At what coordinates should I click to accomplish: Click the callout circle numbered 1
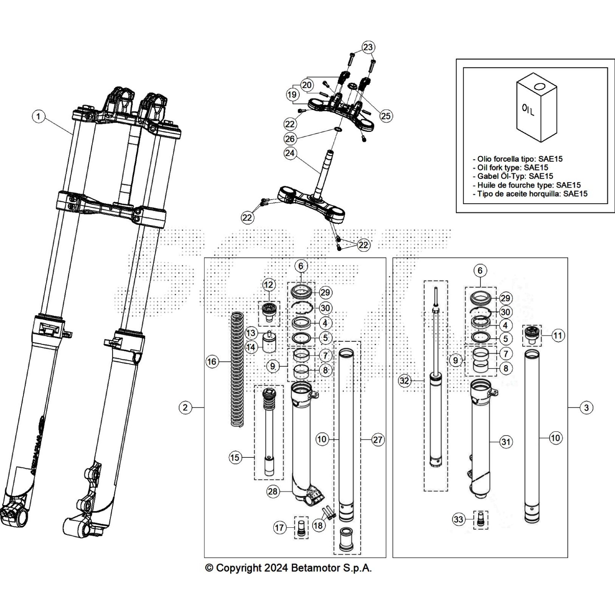coord(38,116)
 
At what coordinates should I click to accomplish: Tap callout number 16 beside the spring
coord(212,362)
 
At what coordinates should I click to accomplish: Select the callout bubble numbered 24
coord(290,153)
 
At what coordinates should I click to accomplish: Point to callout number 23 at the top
coord(368,47)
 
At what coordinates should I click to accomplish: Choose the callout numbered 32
coord(404,381)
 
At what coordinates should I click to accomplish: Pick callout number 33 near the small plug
coord(458,520)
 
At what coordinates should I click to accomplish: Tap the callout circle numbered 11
coord(557,336)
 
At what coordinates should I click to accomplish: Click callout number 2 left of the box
coord(185,407)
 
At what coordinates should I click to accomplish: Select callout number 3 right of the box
coord(586,407)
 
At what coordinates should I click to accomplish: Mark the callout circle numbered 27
coord(378,440)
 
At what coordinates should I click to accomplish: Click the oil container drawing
coord(537,110)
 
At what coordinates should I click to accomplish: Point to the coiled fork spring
coord(237,369)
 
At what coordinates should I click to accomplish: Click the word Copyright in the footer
coord(239,568)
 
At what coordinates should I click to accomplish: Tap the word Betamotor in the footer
coord(313,568)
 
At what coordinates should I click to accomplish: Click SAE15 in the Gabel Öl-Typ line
coord(541,176)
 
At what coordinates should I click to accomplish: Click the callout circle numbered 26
coord(290,138)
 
